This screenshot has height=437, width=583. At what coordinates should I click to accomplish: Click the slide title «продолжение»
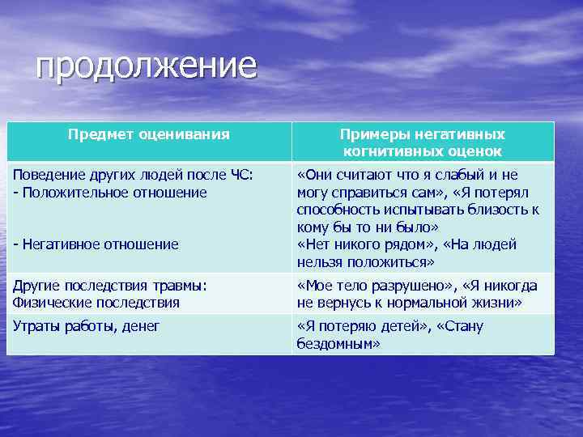pos(146,66)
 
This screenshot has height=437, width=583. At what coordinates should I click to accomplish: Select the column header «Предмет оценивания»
pos(148,134)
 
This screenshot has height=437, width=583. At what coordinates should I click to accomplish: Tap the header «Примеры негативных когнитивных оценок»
pos(422,142)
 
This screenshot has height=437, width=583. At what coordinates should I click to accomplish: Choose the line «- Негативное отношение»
pos(96,244)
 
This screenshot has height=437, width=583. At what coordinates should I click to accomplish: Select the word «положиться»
pos(394,262)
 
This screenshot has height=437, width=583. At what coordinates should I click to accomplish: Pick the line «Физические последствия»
pos(96,303)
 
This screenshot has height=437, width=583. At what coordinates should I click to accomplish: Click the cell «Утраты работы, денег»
pos(86,325)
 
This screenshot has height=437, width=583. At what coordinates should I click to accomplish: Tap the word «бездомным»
pos(339,343)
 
